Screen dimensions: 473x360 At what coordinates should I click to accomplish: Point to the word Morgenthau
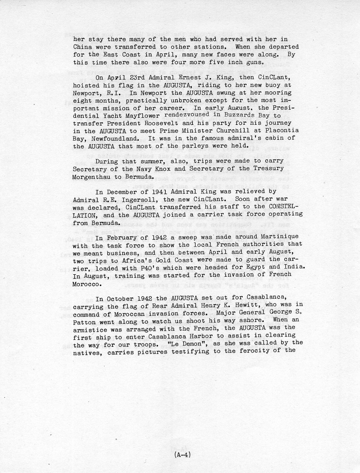(96, 178)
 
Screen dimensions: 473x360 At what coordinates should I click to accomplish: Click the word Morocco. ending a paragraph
(89, 284)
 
